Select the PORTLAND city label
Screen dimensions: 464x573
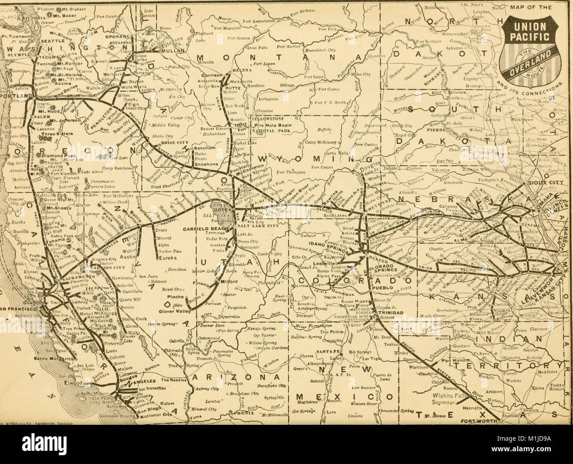coord(15,95)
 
